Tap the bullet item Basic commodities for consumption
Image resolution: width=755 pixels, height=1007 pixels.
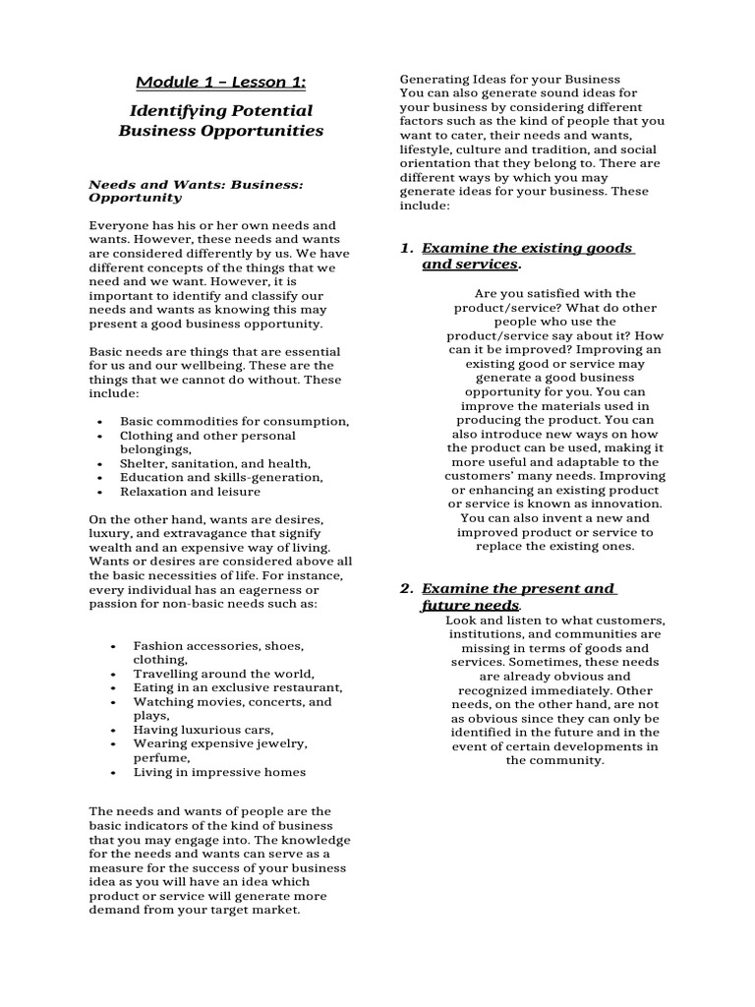(234, 421)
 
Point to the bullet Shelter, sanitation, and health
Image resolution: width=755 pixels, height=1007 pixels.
(215, 463)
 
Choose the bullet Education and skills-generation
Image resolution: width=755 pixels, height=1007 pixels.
(221, 477)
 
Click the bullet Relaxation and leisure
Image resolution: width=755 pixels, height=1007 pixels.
(190, 491)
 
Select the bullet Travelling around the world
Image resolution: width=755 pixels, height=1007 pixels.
(224, 674)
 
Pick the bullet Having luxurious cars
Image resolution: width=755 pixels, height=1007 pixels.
(203, 730)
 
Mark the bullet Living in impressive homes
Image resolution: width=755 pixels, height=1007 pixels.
(219, 772)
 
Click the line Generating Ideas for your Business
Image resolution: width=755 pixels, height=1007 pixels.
(508, 79)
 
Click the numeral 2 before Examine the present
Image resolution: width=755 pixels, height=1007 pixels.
(405, 588)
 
